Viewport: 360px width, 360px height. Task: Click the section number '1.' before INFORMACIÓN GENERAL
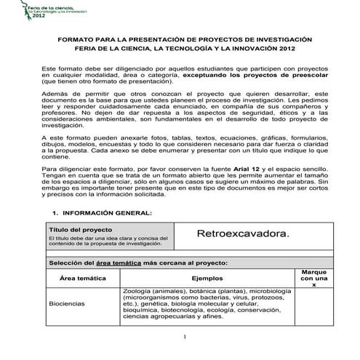[x=55, y=212]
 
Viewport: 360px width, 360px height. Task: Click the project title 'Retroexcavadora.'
[x=243, y=234]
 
